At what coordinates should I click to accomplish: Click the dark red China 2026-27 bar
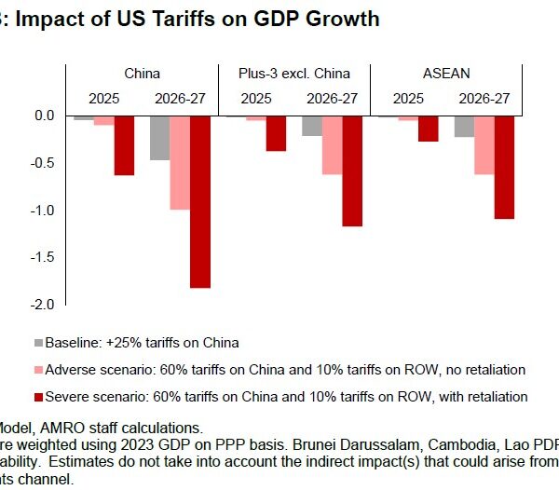coord(198,202)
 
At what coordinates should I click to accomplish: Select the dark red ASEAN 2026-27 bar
coord(505,168)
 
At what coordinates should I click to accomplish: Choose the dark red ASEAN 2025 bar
coord(429,129)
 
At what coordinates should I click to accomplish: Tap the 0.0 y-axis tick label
coord(45,116)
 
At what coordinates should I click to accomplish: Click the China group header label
coord(142,72)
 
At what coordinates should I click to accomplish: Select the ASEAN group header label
coord(447,72)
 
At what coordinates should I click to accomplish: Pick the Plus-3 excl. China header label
coord(294,72)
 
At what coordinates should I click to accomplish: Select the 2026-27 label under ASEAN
coord(485,96)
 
